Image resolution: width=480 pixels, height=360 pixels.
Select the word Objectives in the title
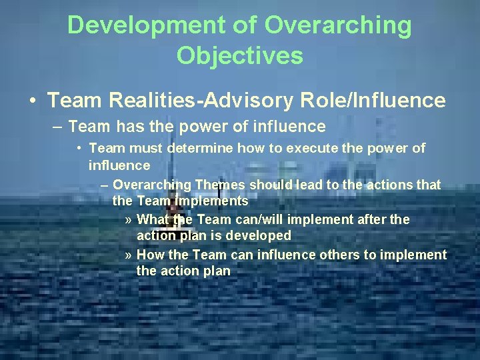(x=240, y=55)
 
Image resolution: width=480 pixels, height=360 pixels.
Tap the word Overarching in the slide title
(x=338, y=26)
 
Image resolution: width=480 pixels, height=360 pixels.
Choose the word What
(x=153, y=219)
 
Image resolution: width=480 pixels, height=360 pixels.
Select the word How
(x=149, y=255)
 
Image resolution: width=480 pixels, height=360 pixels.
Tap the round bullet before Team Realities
(x=33, y=101)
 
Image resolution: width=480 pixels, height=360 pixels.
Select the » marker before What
(x=129, y=220)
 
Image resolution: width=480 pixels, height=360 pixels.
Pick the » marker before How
(x=129, y=255)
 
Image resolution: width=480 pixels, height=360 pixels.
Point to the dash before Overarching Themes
(x=105, y=185)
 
